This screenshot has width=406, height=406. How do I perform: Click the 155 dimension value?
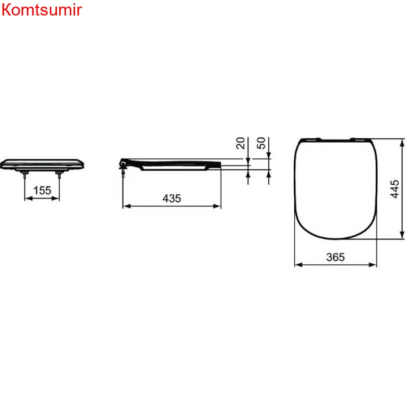coord(42,190)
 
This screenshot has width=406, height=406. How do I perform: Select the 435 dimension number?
coord(171,198)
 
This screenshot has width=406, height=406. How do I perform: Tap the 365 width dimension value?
coord(335,257)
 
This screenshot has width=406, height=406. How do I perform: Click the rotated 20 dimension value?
coord(241,143)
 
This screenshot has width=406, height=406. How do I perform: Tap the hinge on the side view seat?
coord(123,164)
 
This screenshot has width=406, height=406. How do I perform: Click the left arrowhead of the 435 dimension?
coord(125,206)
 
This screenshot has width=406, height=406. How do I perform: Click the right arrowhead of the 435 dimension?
coord(218,206)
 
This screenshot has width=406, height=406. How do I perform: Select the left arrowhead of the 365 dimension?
coord(298,264)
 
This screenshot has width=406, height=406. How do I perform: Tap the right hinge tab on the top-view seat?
coord(357,137)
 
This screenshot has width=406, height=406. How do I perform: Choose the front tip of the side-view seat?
coord(220,163)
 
